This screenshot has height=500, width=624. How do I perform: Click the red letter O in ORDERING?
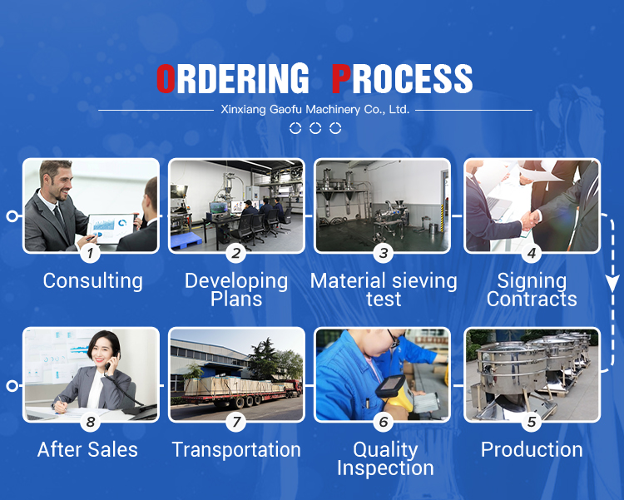click(166, 78)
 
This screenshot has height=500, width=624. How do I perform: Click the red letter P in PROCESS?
click(341, 78)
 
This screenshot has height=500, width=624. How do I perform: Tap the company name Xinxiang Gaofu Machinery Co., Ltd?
click(314, 109)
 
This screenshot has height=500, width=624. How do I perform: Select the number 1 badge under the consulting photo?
click(91, 253)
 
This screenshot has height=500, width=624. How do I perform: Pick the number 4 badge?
click(532, 253)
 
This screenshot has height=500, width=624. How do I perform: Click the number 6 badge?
click(384, 422)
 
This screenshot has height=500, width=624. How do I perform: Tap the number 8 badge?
click(91, 422)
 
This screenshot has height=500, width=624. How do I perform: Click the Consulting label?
click(92, 281)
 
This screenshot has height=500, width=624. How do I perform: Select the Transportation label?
click(236, 450)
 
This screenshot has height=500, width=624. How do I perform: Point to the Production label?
click(532, 450)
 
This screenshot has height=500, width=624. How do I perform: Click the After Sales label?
click(87, 450)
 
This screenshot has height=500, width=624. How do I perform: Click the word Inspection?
click(385, 468)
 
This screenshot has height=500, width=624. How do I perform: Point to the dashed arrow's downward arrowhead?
click(613, 284)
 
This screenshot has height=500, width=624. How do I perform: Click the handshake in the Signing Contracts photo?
click(530, 220)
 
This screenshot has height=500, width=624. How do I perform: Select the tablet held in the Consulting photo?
click(111, 228)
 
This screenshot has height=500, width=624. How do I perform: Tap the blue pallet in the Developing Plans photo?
click(186, 240)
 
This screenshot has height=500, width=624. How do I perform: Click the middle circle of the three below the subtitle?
click(315, 128)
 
